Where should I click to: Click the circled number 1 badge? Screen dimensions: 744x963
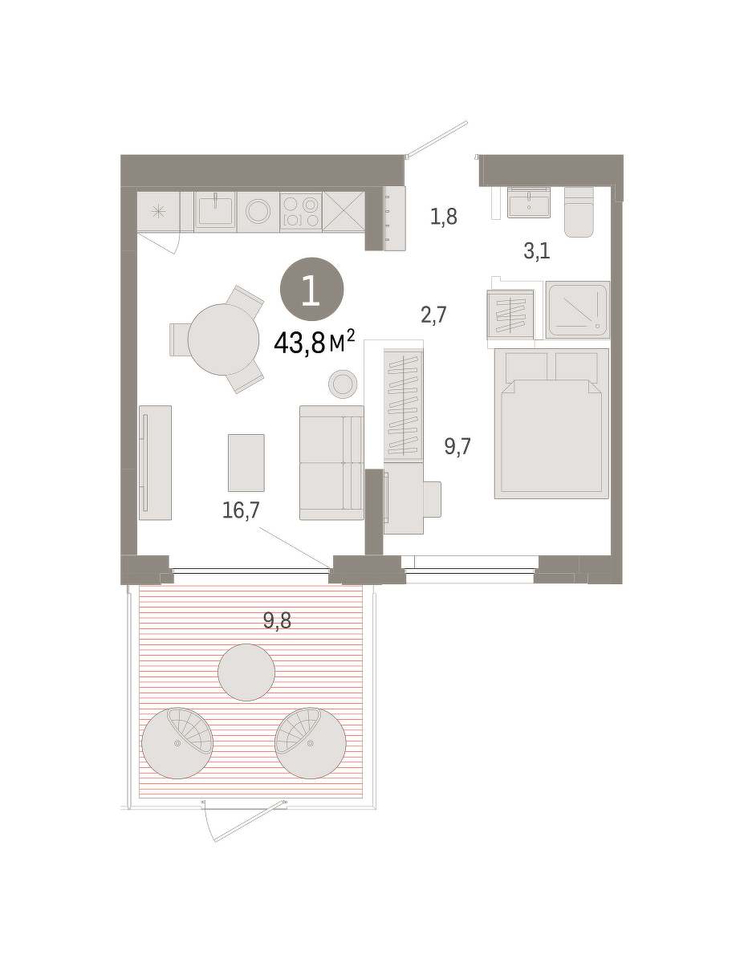pos(311,289)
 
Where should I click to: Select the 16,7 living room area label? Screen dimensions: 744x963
pos(241,510)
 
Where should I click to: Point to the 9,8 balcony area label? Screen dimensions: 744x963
pos(277,620)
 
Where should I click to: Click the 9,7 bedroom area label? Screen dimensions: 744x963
pos(457,446)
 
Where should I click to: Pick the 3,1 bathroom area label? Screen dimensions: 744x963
pos(537,251)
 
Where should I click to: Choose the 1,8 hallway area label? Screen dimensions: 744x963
pos(444,217)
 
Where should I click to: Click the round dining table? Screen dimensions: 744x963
pos(223,339)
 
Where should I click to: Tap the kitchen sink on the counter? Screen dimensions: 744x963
pos(215,211)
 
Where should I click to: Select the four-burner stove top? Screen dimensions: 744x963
pos(300,211)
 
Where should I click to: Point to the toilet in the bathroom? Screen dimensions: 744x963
pos(579,212)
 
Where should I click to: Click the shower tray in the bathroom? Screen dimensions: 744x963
pos(577,309)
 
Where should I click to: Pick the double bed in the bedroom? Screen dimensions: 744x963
pos(551,424)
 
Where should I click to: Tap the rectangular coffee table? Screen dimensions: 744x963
pos(246,463)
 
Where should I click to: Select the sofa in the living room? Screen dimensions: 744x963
pos(331,462)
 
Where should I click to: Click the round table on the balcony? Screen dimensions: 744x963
pos(246,672)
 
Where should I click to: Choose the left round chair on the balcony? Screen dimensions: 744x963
pos(177,743)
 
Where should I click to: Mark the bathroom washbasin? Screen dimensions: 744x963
pos(529,202)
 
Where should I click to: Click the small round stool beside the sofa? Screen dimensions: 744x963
pos(343,384)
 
